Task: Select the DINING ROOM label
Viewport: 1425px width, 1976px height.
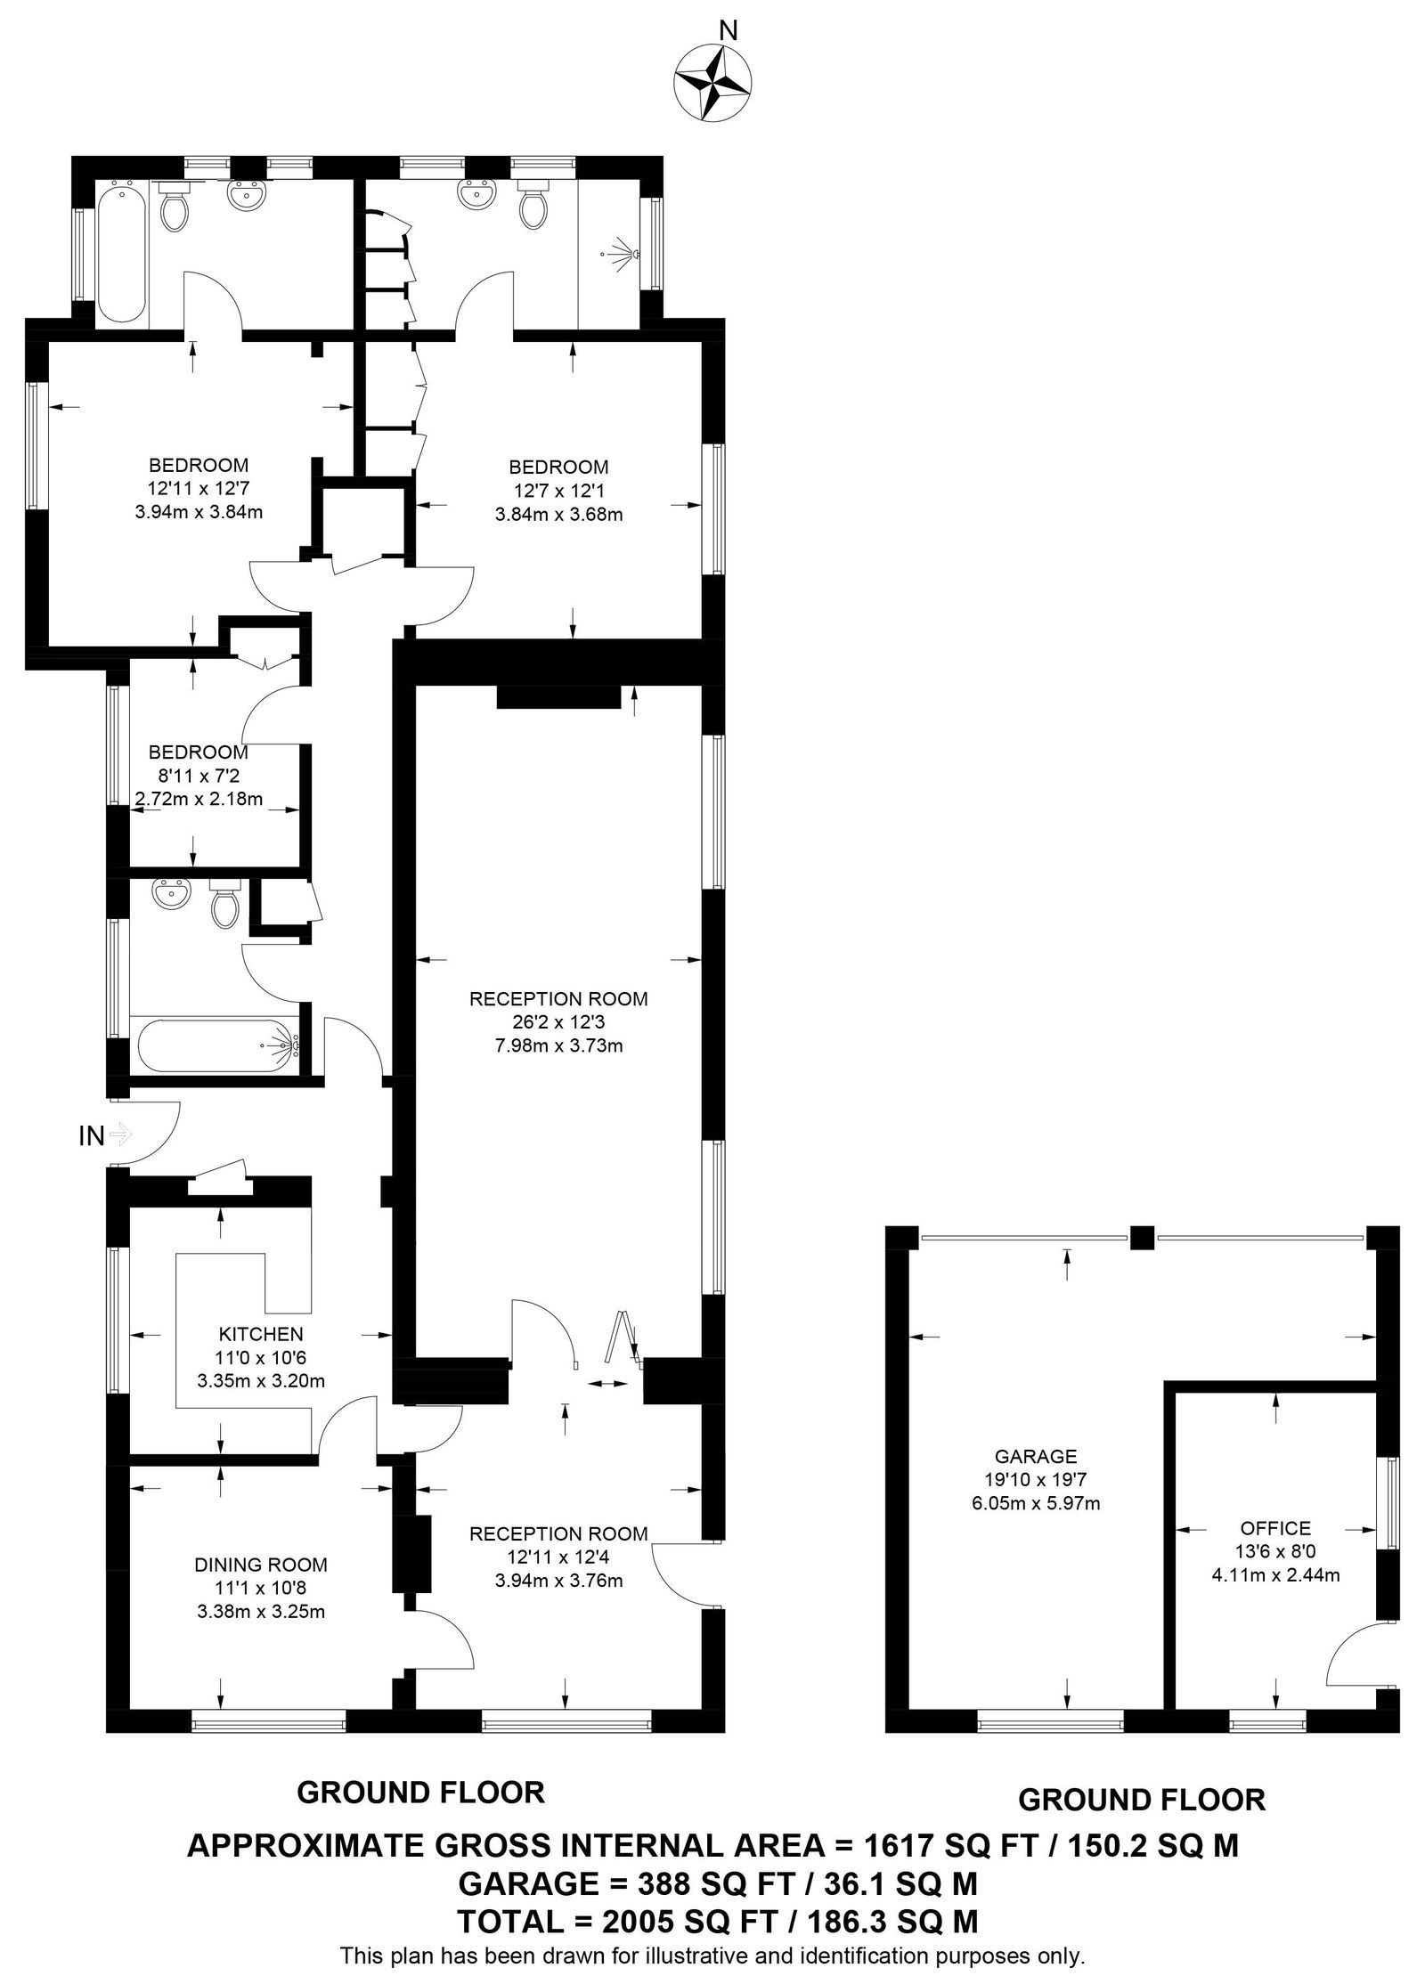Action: tap(260, 1565)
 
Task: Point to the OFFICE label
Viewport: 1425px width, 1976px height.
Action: tap(1274, 1528)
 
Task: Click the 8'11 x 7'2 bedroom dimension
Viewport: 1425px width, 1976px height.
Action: tap(197, 776)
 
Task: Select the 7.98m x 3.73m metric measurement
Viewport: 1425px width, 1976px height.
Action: tap(558, 1045)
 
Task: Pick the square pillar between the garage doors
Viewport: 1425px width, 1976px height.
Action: tap(1140, 1237)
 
